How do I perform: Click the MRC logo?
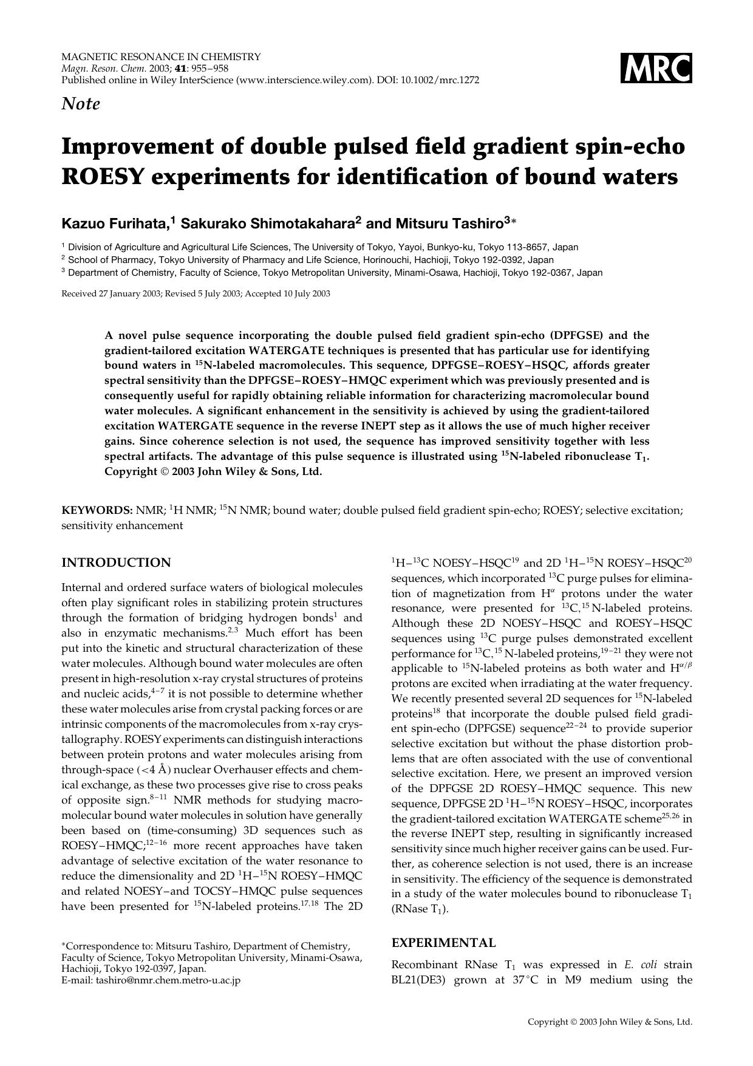pyautogui.click(x=656, y=68)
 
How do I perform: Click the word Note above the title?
pyautogui.click(x=81, y=104)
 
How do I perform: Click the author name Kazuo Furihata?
pyautogui.click(x=115, y=224)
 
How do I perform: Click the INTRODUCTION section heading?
pyautogui.click(x=116, y=562)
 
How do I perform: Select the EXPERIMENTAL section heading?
pyautogui.click(x=443, y=943)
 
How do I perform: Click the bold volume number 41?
pyautogui.click(x=180, y=68)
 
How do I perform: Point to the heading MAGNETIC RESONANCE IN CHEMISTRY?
pyautogui.click(x=161, y=57)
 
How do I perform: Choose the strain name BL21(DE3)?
pyautogui.click(x=419, y=980)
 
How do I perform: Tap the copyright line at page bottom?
pyautogui.click(x=610, y=1022)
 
